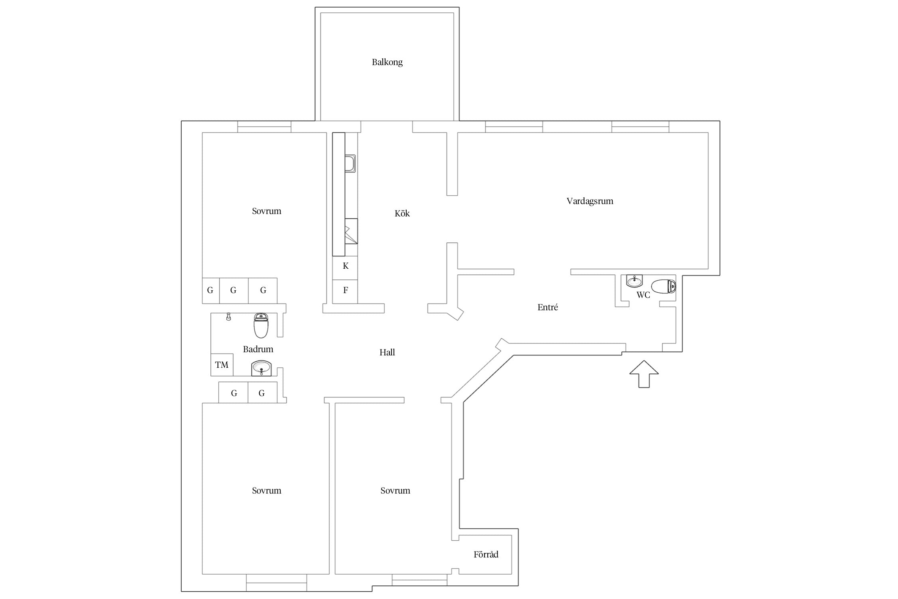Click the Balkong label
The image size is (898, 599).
pos(387,62)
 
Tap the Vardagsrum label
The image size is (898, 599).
pos(590,201)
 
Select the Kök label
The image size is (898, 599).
pos(402,213)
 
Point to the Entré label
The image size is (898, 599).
pos(548,307)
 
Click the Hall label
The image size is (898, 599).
pos(387,352)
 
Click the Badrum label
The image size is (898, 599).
pos(258,349)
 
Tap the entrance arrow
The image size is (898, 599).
pos(644,374)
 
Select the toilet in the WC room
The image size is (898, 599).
pos(663,286)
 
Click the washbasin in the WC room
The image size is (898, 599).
pos(634,281)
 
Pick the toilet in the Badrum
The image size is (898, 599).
pos(261,325)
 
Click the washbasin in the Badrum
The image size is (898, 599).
pos(261,368)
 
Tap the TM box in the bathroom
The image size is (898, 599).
pos(222,365)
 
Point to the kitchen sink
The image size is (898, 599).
pos(350,164)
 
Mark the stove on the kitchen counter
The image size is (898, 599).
pos(351,231)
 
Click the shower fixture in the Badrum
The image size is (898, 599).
pos(228,317)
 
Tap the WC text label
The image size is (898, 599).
pos(643,295)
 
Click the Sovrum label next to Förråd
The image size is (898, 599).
pos(395,490)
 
